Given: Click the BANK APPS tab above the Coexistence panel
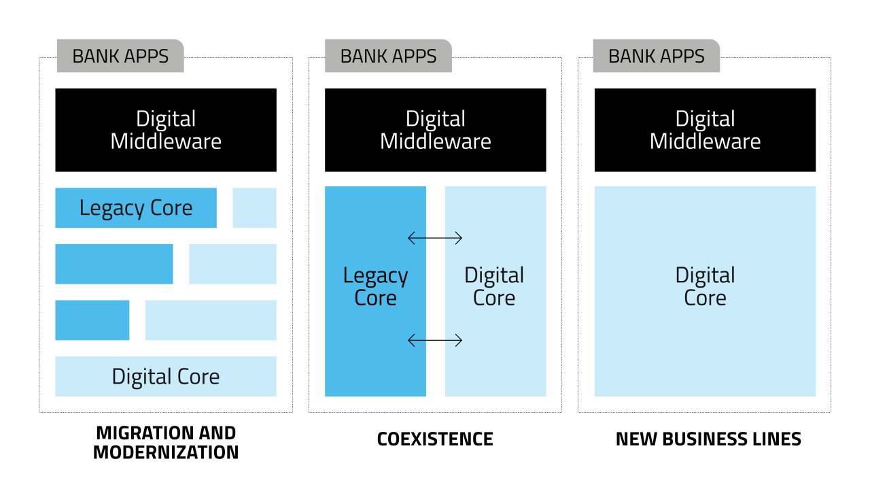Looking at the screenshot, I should point(388,56).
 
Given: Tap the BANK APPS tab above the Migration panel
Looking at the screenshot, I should point(120,56).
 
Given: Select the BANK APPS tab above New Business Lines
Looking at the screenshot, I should point(656,56).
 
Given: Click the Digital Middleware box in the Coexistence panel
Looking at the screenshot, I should point(435,130).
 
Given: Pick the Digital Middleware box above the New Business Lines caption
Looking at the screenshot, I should point(705,130).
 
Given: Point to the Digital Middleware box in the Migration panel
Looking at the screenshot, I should point(166,130).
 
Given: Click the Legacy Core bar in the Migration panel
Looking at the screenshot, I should point(136,207).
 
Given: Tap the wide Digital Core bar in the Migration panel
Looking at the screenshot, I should point(166,376).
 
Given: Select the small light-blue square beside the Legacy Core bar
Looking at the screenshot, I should point(254,207).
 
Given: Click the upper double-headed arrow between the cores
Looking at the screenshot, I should point(435,238).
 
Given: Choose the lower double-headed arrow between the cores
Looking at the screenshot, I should point(435,340).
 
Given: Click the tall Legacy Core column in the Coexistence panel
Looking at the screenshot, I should point(375,291).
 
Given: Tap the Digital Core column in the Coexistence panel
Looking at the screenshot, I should point(495,291).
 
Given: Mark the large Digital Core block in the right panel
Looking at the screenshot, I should point(705,291).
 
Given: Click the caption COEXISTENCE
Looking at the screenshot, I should point(435,439).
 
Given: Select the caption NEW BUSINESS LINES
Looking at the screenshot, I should point(708,439).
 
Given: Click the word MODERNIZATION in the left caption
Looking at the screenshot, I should point(166,452).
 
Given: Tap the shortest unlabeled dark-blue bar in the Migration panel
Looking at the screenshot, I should point(92,320).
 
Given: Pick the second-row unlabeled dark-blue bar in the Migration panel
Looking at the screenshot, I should point(114,264).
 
